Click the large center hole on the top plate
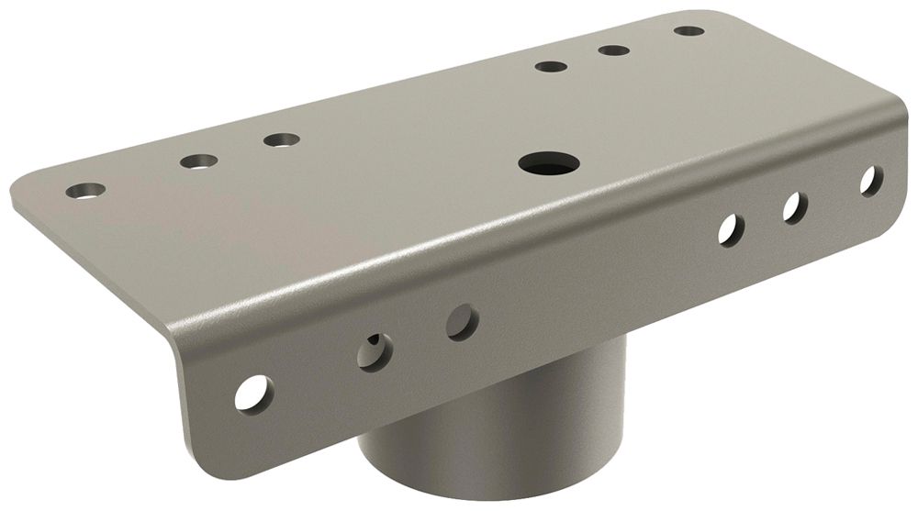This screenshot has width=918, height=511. [548, 164]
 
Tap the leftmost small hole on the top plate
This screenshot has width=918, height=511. [85, 191]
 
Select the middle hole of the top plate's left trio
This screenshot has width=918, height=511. [198, 161]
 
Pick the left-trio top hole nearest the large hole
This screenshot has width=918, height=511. [281, 140]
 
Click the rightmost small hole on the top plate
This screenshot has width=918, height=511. [688, 31]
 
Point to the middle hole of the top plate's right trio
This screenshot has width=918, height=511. [613, 50]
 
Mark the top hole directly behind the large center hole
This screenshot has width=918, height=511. [550, 67]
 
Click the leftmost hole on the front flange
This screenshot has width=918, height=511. [252, 392]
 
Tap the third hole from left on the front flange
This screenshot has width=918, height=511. [462, 322]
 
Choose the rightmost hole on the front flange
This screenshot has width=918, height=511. [870, 180]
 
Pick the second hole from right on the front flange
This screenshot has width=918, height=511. [795, 207]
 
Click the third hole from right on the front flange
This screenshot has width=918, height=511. [731, 229]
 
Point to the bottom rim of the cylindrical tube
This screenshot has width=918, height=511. [477, 491]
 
